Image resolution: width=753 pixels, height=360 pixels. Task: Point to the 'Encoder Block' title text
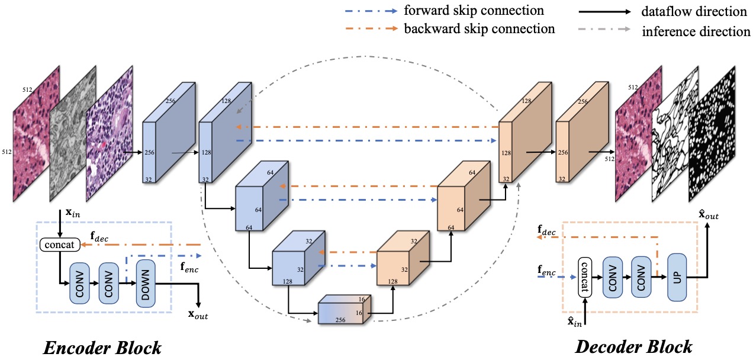(x=102, y=347)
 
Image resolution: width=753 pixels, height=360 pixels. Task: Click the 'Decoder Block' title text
(x=633, y=346)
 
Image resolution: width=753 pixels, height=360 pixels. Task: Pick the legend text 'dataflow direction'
(x=694, y=11)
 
